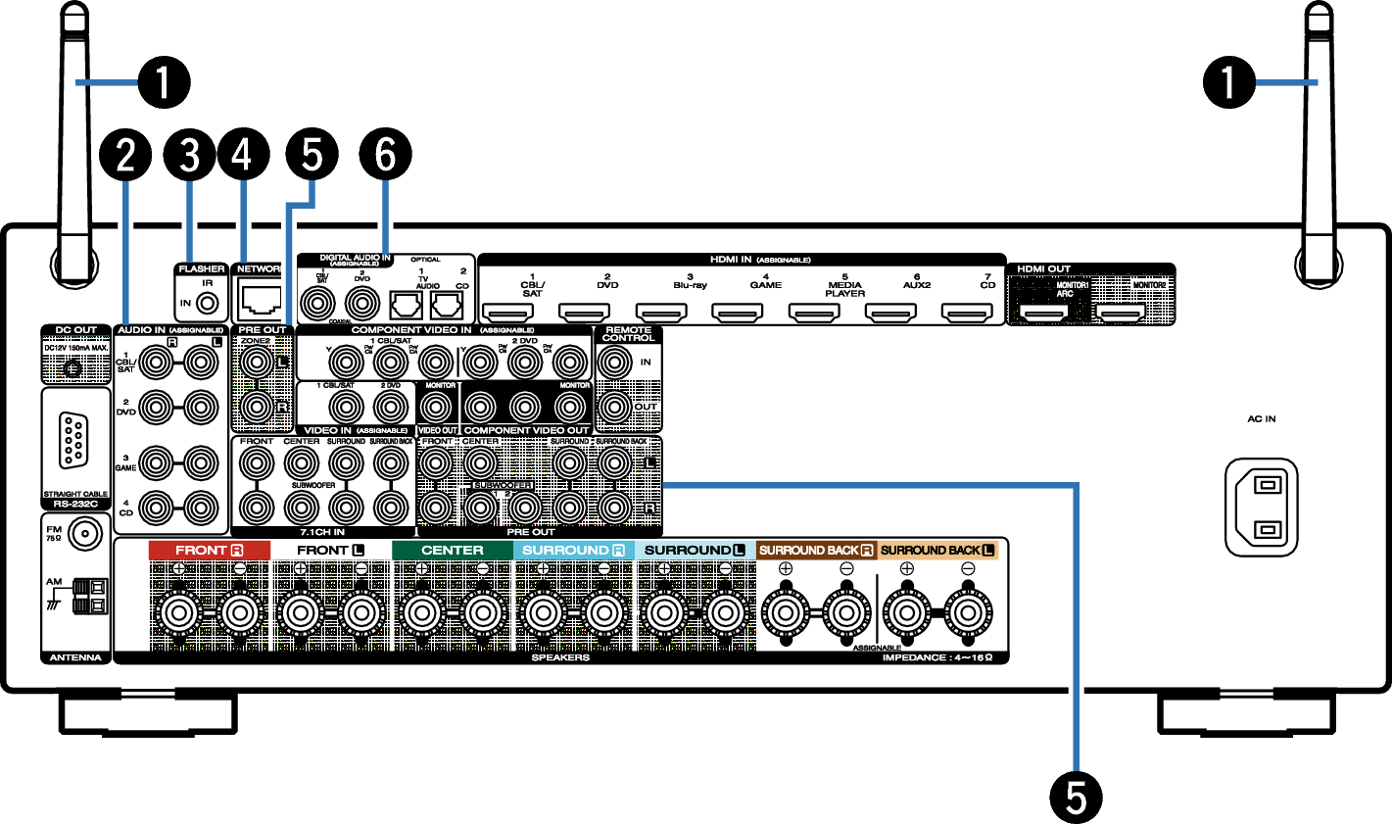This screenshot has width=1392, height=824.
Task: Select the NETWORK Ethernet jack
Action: tap(260, 297)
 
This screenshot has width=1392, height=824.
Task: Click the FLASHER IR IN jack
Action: tap(208, 303)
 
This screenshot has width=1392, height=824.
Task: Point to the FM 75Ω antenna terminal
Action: tap(85, 535)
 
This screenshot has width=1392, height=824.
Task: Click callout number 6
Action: tap(385, 155)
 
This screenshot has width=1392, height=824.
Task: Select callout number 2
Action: tap(126, 155)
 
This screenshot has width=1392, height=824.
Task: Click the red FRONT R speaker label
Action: tap(209, 551)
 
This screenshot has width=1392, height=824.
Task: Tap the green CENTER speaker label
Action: tap(452, 551)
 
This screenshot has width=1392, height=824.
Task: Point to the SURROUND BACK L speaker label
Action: tap(936, 551)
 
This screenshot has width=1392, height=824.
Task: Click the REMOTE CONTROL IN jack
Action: tap(615, 364)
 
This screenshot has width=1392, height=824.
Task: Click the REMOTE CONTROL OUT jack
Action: tap(615, 407)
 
